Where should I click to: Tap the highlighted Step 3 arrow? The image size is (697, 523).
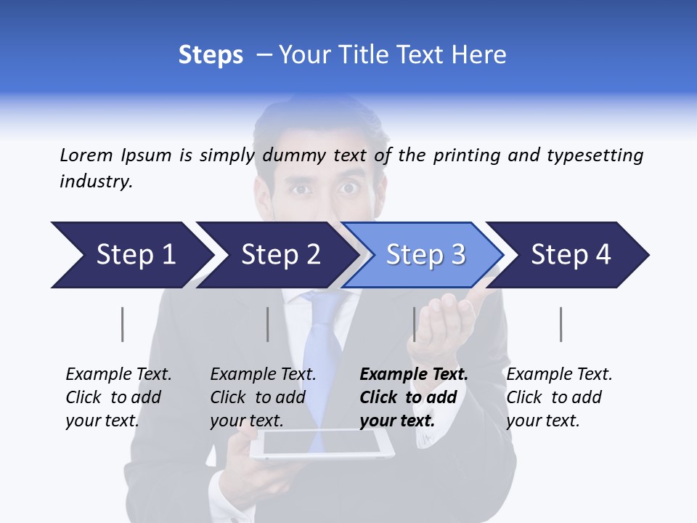tap(425, 255)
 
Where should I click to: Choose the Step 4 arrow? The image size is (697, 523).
tap(570, 255)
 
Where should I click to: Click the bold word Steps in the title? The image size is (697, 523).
tap(211, 55)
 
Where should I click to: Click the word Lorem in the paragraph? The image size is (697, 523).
tap(86, 155)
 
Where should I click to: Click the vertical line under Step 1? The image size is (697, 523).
tap(123, 324)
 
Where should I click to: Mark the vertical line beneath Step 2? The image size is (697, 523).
tap(268, 324)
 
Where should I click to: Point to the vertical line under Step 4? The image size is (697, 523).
tap(561, 324)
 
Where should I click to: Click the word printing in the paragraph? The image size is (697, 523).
tap(464, 155)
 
